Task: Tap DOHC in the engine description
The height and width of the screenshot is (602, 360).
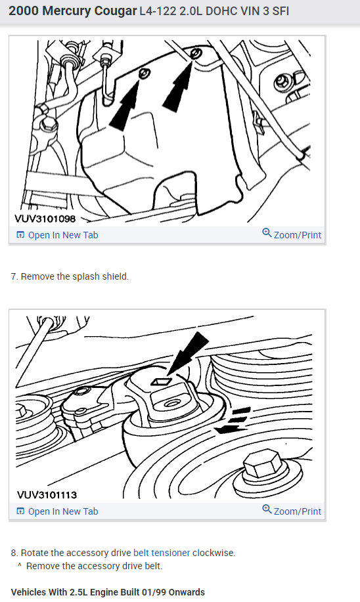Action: pos(210,12)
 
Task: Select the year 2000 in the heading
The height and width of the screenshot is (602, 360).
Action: pos(23,12)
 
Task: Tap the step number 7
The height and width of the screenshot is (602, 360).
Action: pos(14,276)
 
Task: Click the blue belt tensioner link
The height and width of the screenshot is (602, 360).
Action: pos(162,553)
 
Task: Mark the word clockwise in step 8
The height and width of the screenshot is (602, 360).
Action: pos(214,553)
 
